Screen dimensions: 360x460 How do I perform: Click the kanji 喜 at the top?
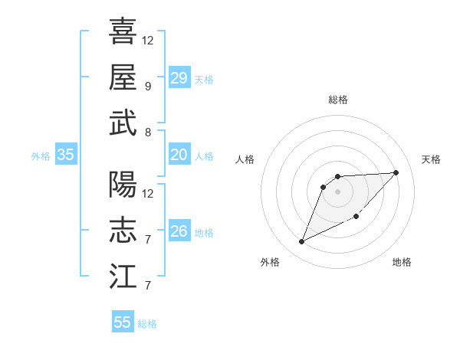pyautogui.click(x=123, y=31)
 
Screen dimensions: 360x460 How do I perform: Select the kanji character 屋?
pyautogui.click(x=123, y=77)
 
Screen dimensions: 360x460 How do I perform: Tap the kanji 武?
pyautogui.click(x=123, y=123)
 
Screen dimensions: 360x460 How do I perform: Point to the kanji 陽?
pyautogui.click(x=123, y=185)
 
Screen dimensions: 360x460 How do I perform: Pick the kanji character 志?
pyautogui.click(x=123, y=231)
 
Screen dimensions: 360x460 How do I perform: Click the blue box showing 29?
pyautogui.click(x=179, y=78)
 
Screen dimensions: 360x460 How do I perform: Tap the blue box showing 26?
pyautogui.click(x=179, y=231)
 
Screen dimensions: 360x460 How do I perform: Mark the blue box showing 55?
pyautogui.click(x=123, y=322)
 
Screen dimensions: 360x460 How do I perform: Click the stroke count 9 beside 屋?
pyautogui.click(x=147, y=86)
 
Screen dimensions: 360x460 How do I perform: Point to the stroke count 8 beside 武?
pyautogui.click(x=147, y=132)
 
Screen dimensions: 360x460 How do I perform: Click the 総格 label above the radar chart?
pyautogui.click(x=337, y=100)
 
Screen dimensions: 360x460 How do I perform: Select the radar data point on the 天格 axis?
pyautogui.click(x=396, y=172)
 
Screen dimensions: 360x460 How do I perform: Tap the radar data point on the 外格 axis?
pyautogui.click(x=301, y=242)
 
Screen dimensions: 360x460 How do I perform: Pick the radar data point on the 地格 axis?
pyautogui.click(x=356, y=217)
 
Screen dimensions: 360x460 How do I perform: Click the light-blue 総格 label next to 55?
pyautogui.click(x=147, y=324)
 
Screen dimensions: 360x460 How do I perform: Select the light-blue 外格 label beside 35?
pyautogui.click(x=41, y=156)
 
